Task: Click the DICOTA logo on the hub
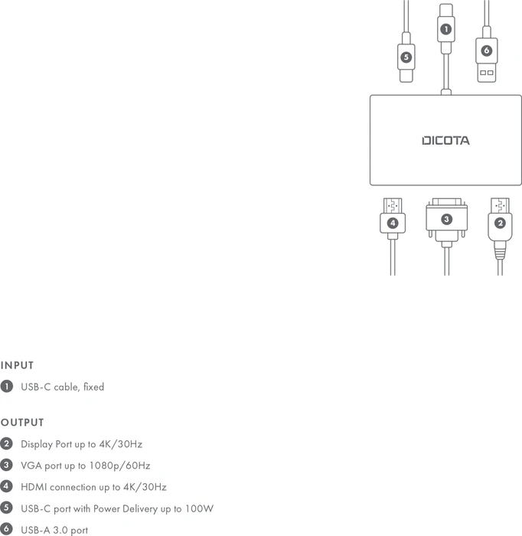point(445,140)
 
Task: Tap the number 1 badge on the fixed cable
point(445,29)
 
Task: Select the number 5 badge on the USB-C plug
point(406,57)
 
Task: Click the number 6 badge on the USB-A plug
point(487,51)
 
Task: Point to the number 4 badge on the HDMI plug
point(393,224)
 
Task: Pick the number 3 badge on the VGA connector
point(446,219)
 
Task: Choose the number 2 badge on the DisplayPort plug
point(500,224)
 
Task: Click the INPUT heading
point(17,365)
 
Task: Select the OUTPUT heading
point(22,423)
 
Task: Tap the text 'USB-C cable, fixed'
point(63,387)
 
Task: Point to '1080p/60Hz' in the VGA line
point(119,466)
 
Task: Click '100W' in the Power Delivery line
point(199,508)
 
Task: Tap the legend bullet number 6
point(6,529)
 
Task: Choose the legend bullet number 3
point(6,465)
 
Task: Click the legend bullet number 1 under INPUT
point(6,386)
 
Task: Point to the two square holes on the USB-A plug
point(487,73)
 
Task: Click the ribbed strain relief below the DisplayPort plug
point(500,254)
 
